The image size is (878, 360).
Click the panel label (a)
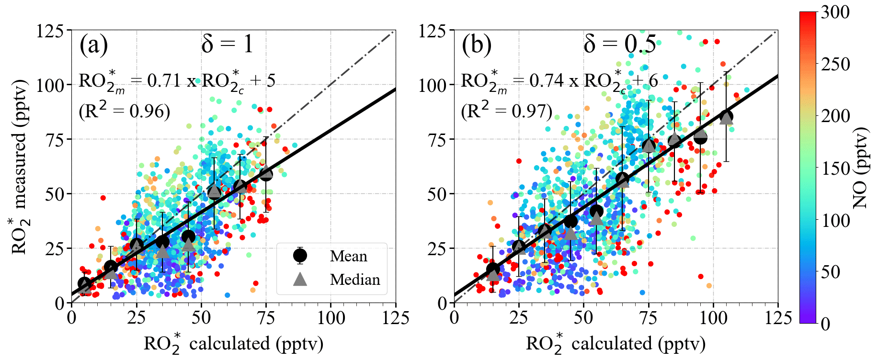tap(94, 45)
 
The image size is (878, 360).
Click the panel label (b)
tap(476, 45)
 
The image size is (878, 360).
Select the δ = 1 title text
tap(227, 45)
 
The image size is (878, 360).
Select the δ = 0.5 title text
tap(619, 45)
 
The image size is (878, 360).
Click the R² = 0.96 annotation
tap(125, 111)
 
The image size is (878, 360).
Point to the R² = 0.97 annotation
tap(507, 111)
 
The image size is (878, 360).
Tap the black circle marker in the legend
tap(300, 256)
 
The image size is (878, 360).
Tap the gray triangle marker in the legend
tap(300, 279)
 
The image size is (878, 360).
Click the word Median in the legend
tap(355, 280)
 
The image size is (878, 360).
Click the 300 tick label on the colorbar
tap(835, 12)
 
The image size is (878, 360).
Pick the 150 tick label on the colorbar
tap(835, 168)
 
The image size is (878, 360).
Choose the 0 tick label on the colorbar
tap(826, 324)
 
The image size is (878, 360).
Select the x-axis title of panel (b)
tap(616, 344)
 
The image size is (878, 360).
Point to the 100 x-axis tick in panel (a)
tap(331, 318)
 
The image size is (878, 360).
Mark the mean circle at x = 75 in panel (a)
tap(266, 174)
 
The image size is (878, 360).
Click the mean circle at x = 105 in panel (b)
tap(726, 116)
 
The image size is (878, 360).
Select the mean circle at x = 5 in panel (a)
tap(84, 283)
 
